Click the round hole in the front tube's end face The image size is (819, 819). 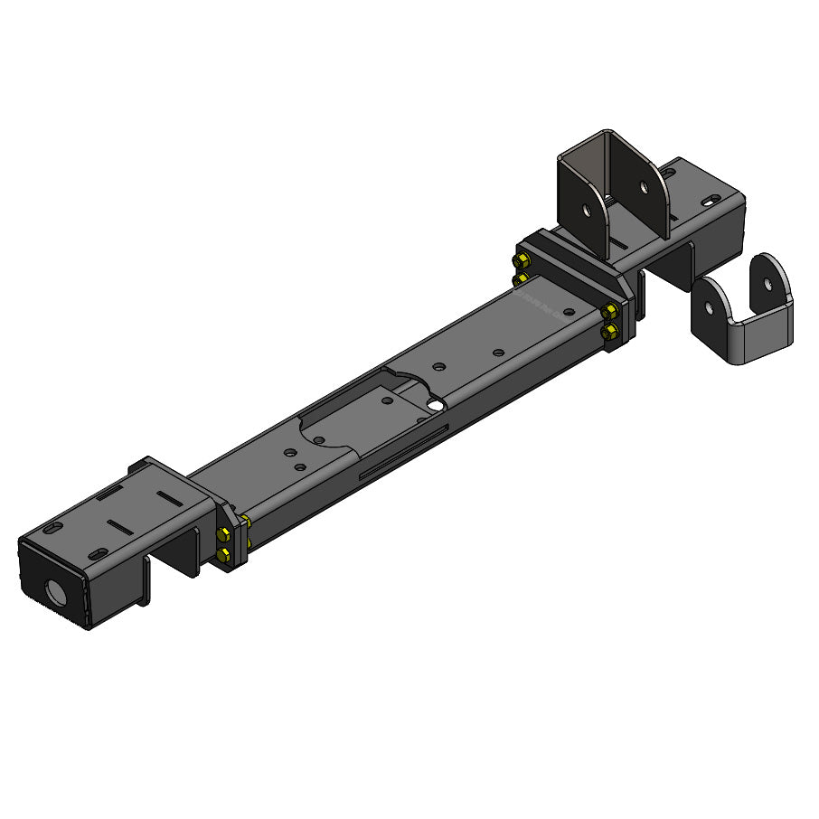pyautogui.click(x=55, y=593)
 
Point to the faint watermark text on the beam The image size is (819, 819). pyautogui.click(x=539, y=303)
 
